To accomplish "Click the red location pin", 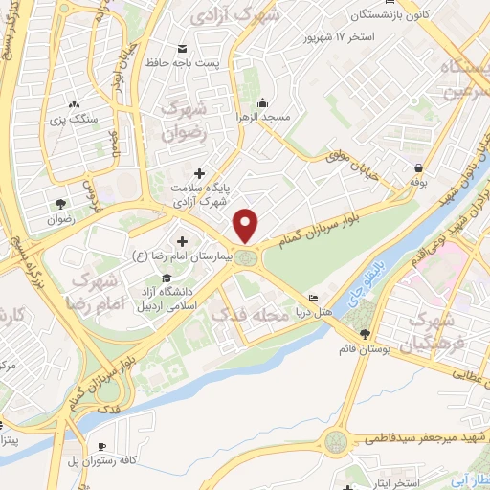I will pyautogui.click(x=247, y=226).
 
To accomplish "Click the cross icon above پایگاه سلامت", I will pyautogui.click(x=198, y=173).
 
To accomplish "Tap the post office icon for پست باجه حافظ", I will pyautogui.click(x=182, y=48).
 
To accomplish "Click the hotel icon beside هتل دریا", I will pyautogui.click(x=312, y=298).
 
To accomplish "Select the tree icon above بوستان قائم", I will pyautogui.click(x=365, y=334).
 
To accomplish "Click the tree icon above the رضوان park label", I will pyautogui.click(x=60, y=204).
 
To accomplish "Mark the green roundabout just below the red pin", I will pyautogui.click(x=248, y=256).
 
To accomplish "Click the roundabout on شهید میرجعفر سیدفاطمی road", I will pyautogui.click(x=338, y=441).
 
